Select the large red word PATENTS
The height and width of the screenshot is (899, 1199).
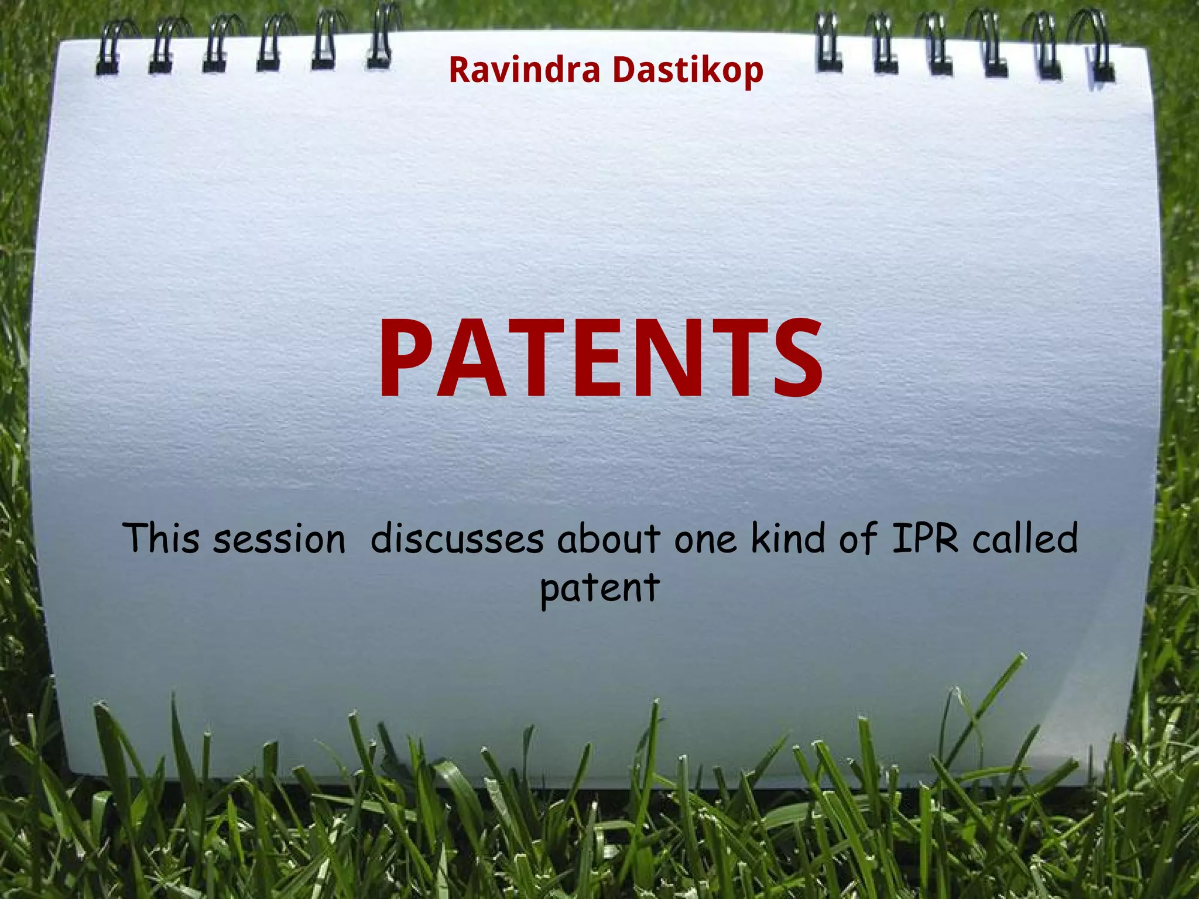(601, 358)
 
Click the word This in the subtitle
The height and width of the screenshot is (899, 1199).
(160, 538)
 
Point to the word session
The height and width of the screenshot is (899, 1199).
(279, 540)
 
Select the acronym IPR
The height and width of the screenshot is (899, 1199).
(925, 538)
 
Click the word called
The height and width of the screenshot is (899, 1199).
(1025, 538)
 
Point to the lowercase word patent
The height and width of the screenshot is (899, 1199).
(599, 589)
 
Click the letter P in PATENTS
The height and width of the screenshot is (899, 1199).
(410, 358)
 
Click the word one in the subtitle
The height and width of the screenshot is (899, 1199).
(705, 540)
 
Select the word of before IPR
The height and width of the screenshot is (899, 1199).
(858, 538)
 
